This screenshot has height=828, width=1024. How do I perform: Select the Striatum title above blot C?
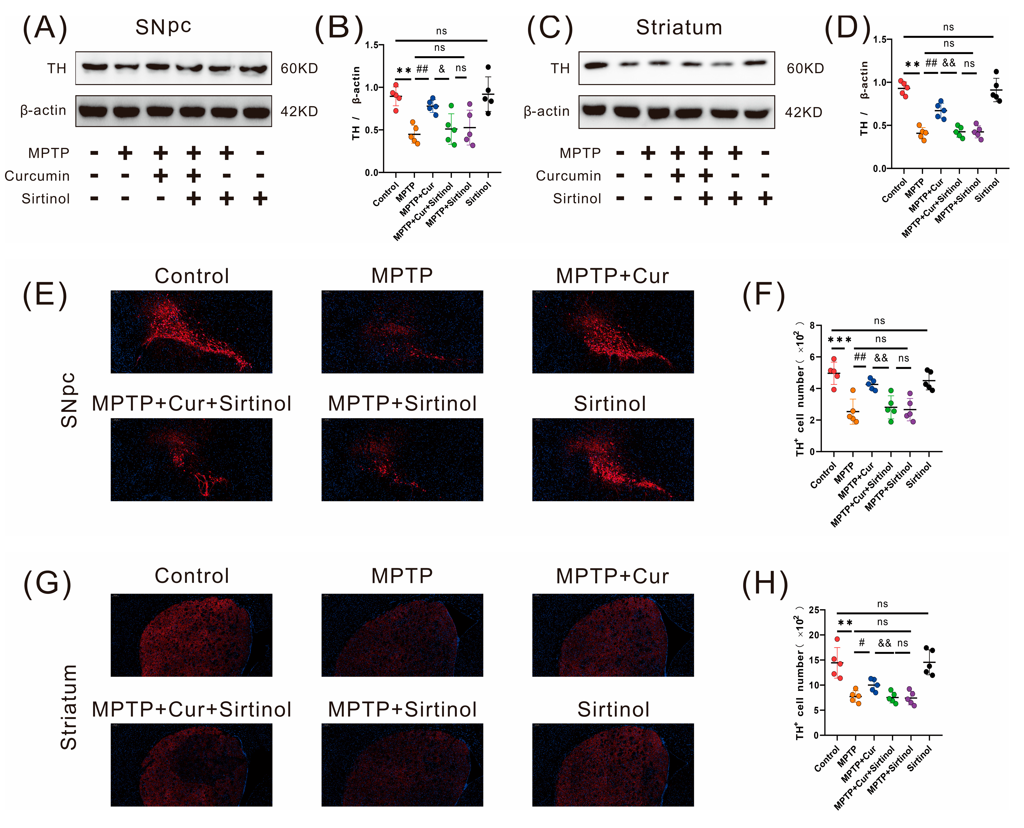679,28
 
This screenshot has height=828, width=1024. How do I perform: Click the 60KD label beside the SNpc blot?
299,69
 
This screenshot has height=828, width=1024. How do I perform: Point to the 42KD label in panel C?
804,113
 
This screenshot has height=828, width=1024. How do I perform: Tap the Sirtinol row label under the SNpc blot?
46,198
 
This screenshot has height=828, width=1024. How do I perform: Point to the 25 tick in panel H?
814,610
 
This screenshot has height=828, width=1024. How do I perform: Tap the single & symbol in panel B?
442,70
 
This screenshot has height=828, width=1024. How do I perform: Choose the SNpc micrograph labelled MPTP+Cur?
613,332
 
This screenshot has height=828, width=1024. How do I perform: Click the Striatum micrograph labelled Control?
191,635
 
